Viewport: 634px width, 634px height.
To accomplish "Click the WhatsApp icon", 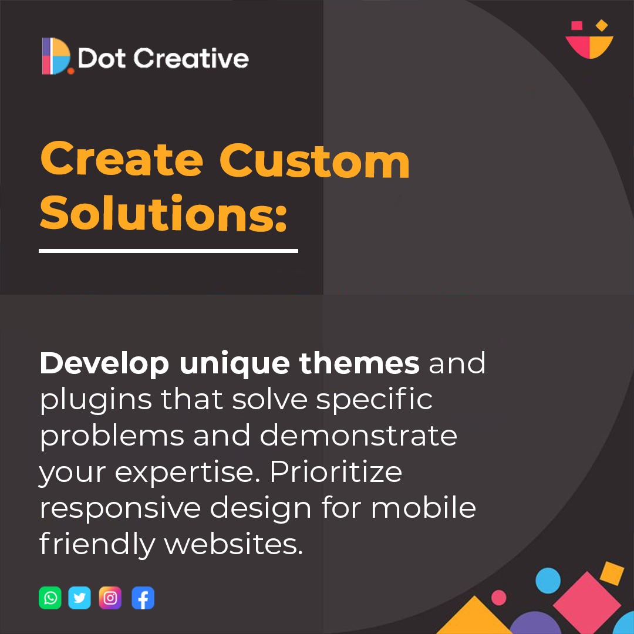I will click(50, 598).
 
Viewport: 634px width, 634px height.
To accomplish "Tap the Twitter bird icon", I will click(80, 598).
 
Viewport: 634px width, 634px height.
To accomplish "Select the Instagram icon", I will click(110, 598).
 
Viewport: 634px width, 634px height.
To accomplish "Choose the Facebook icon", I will click(143, 598).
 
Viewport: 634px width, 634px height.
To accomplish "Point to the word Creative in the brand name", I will click(191, 59).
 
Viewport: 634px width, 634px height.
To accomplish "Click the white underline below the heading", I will click(168, 251).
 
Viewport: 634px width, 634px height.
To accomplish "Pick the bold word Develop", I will click(103, 364).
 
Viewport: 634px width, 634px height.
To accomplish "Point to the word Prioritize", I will click(336, 471).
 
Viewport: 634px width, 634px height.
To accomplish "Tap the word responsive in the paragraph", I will click(119, 507).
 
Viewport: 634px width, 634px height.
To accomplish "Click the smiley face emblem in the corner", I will click(589, 40).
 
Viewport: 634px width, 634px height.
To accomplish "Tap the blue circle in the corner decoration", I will click(548, 580).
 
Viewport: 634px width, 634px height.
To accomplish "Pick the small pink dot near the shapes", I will click(499, 598).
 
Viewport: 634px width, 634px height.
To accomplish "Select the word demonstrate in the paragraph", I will click(358, 436).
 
